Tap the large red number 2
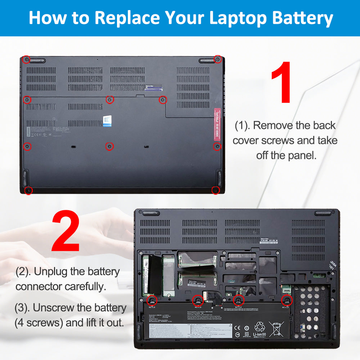pos(66,232)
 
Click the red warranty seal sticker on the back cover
pos(217,124)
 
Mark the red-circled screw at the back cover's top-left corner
pos(26,59)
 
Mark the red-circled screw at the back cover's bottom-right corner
pos(215,190)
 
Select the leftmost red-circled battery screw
pos(152,300)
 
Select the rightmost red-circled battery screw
pos(287,300)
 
